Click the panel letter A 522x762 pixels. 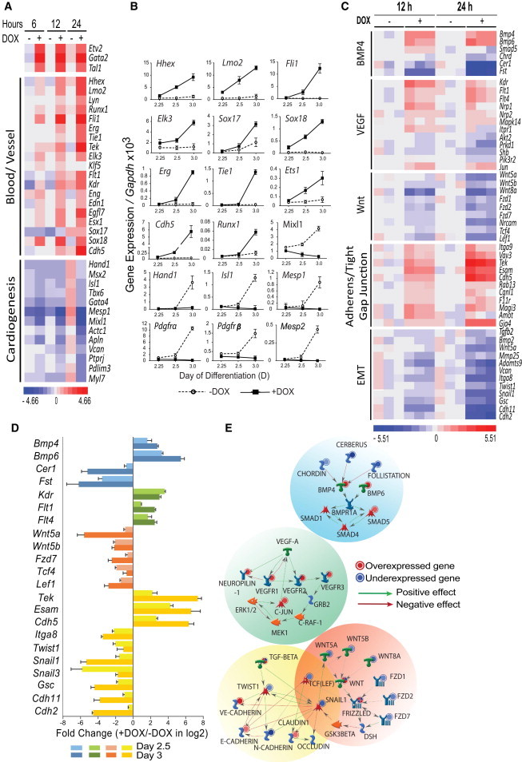pos(7,8)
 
